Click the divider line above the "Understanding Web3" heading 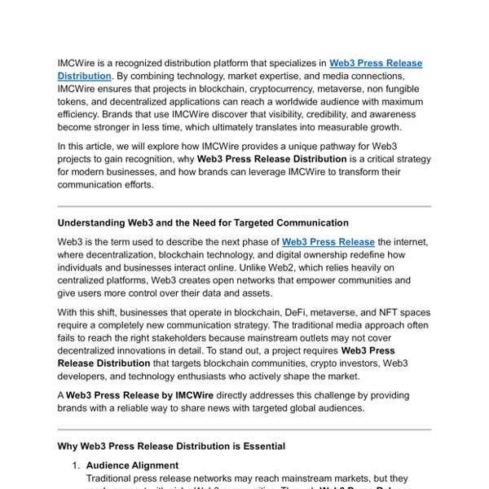point(244,206)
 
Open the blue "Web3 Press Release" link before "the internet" point(328,242)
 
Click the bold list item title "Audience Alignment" point(132,465)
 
